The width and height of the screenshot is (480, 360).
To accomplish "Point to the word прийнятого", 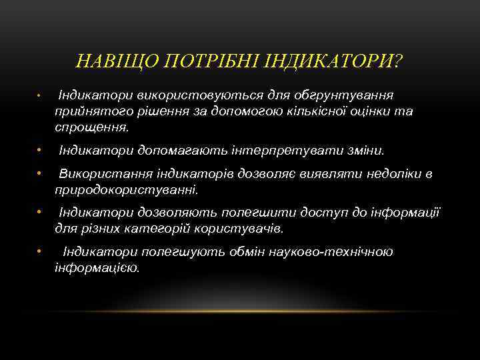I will pos(89,111).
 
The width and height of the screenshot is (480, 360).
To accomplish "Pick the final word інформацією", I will pos(97,267).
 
